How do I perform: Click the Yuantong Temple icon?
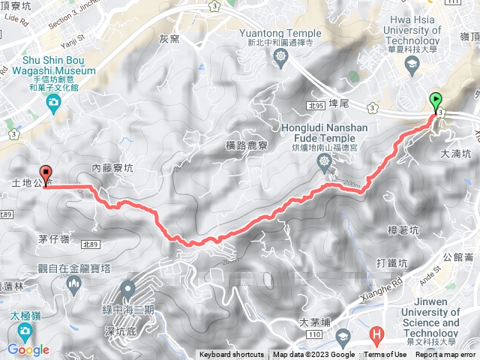point(280,57)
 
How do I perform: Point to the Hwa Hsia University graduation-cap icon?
point(411,65)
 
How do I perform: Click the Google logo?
point(28,349)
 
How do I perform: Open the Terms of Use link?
point(385,355)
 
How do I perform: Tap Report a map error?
point(445,355)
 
